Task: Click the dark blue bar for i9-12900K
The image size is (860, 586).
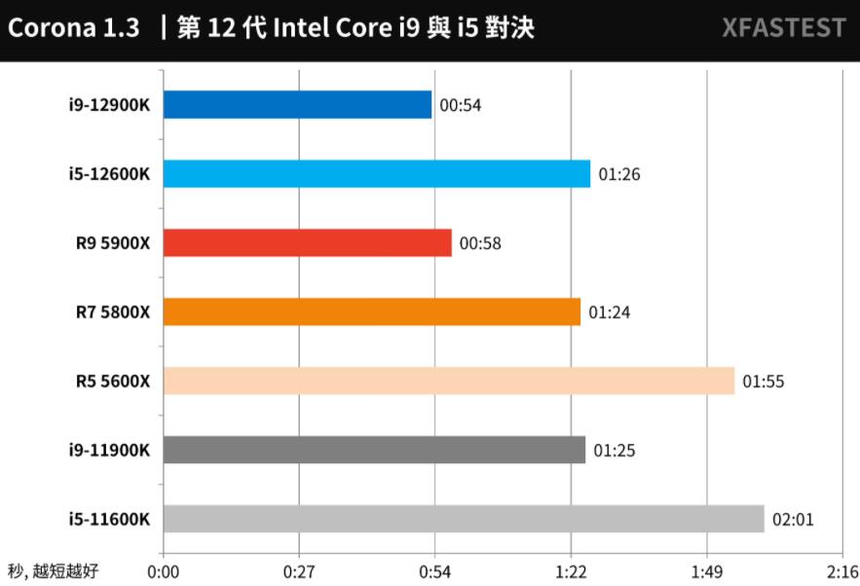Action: click(x=297, y=105)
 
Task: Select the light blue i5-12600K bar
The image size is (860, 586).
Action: click(x=377, y=174)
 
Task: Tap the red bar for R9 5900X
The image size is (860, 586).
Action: click(x=308, y=243)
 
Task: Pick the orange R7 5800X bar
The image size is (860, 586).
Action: click(x=372, y=312)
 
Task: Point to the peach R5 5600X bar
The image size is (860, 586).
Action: click(x=449, y=381)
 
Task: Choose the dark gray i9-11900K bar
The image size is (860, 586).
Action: click(x=374, y=450)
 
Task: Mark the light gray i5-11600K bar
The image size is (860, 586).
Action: click(x=464, y=519)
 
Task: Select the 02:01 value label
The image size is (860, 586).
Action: click(x=793, y=520)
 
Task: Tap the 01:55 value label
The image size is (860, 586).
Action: click(x=763, y=382)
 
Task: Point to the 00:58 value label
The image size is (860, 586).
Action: click(x=480, y=243)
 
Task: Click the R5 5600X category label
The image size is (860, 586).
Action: click(x=113, y=381)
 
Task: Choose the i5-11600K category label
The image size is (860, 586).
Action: click(x=109, y=519)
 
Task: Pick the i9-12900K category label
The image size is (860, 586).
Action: click(x=109, y=105)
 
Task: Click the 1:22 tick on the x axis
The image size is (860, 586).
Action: click(x=571, y=571)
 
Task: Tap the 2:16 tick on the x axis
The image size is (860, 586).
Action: click(x=841, y=571)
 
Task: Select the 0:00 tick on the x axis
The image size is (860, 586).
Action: click(x=164, y=571)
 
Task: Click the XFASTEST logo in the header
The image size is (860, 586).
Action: click(x=784, y=28)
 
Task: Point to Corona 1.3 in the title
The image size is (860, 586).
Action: click(x=73, y=28)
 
